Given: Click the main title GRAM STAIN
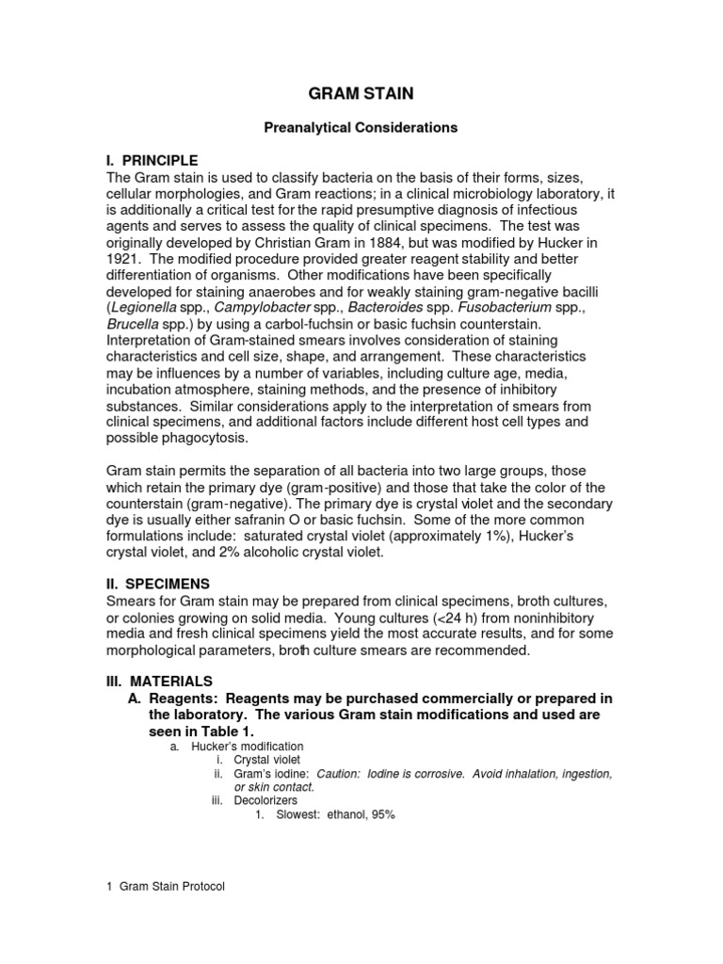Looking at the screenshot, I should tap(361, 94).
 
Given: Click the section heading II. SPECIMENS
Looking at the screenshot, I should tap(157, 584).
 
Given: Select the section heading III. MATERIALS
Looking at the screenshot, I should tap(159, 681).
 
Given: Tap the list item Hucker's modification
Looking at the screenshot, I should tap(247, 746).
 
